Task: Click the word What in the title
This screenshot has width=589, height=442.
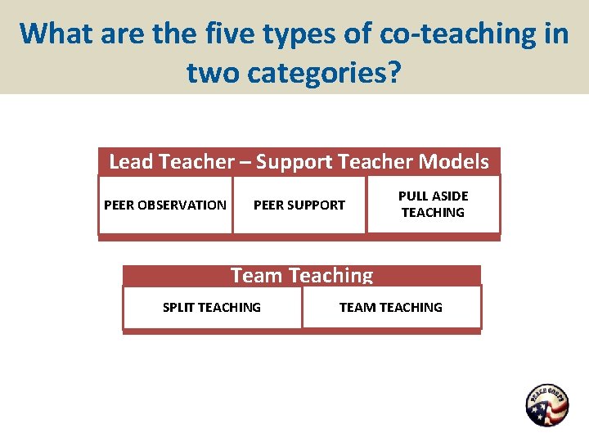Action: pos(56,34)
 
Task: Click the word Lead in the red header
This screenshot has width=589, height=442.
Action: pos(131,162)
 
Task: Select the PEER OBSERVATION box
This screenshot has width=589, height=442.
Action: pos(165,205)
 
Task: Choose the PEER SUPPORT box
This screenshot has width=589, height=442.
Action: pos(299,205)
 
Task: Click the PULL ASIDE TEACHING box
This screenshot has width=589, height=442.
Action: pos(433,205)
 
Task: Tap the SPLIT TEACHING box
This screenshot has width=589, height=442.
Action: pos(212,307)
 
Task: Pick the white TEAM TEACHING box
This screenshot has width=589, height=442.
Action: pos(391,307)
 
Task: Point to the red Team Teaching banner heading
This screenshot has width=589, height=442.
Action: pos(302,275)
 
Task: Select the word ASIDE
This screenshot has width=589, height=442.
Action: pos(450,196)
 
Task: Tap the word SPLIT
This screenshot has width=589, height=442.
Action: pos(178,307)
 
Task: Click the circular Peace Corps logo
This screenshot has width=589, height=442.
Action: pos(546,405)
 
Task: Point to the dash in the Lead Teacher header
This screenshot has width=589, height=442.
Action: pos(245,162)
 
